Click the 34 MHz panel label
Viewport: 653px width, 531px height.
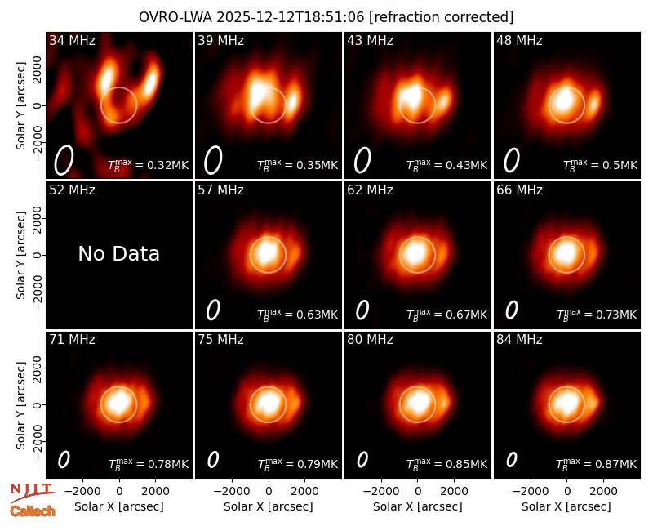[72, 40]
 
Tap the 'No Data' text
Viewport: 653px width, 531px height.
[118, 253]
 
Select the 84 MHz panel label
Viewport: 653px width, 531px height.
[519, 340]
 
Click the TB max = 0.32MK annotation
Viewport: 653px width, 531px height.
[149, 165]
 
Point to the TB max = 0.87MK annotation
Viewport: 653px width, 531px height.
[597, 464]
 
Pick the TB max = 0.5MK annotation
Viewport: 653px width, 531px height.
[600, 165]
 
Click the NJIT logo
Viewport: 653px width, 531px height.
[32, 493]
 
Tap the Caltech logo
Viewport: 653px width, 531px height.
[33, 511]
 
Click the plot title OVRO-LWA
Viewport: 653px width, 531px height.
[175, 17]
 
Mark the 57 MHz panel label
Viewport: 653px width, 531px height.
[220, 190]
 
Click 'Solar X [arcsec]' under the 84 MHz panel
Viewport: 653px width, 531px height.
[566, 506]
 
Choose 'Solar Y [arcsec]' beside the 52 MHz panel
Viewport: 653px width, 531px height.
[20, 255]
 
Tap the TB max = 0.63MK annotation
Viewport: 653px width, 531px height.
[297, 315]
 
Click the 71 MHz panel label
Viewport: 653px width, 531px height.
[72, 340]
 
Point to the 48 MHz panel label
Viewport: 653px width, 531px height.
[519, 40]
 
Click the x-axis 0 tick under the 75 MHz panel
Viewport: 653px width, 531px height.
[269, 492]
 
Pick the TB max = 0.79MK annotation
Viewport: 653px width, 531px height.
[297, 464]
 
